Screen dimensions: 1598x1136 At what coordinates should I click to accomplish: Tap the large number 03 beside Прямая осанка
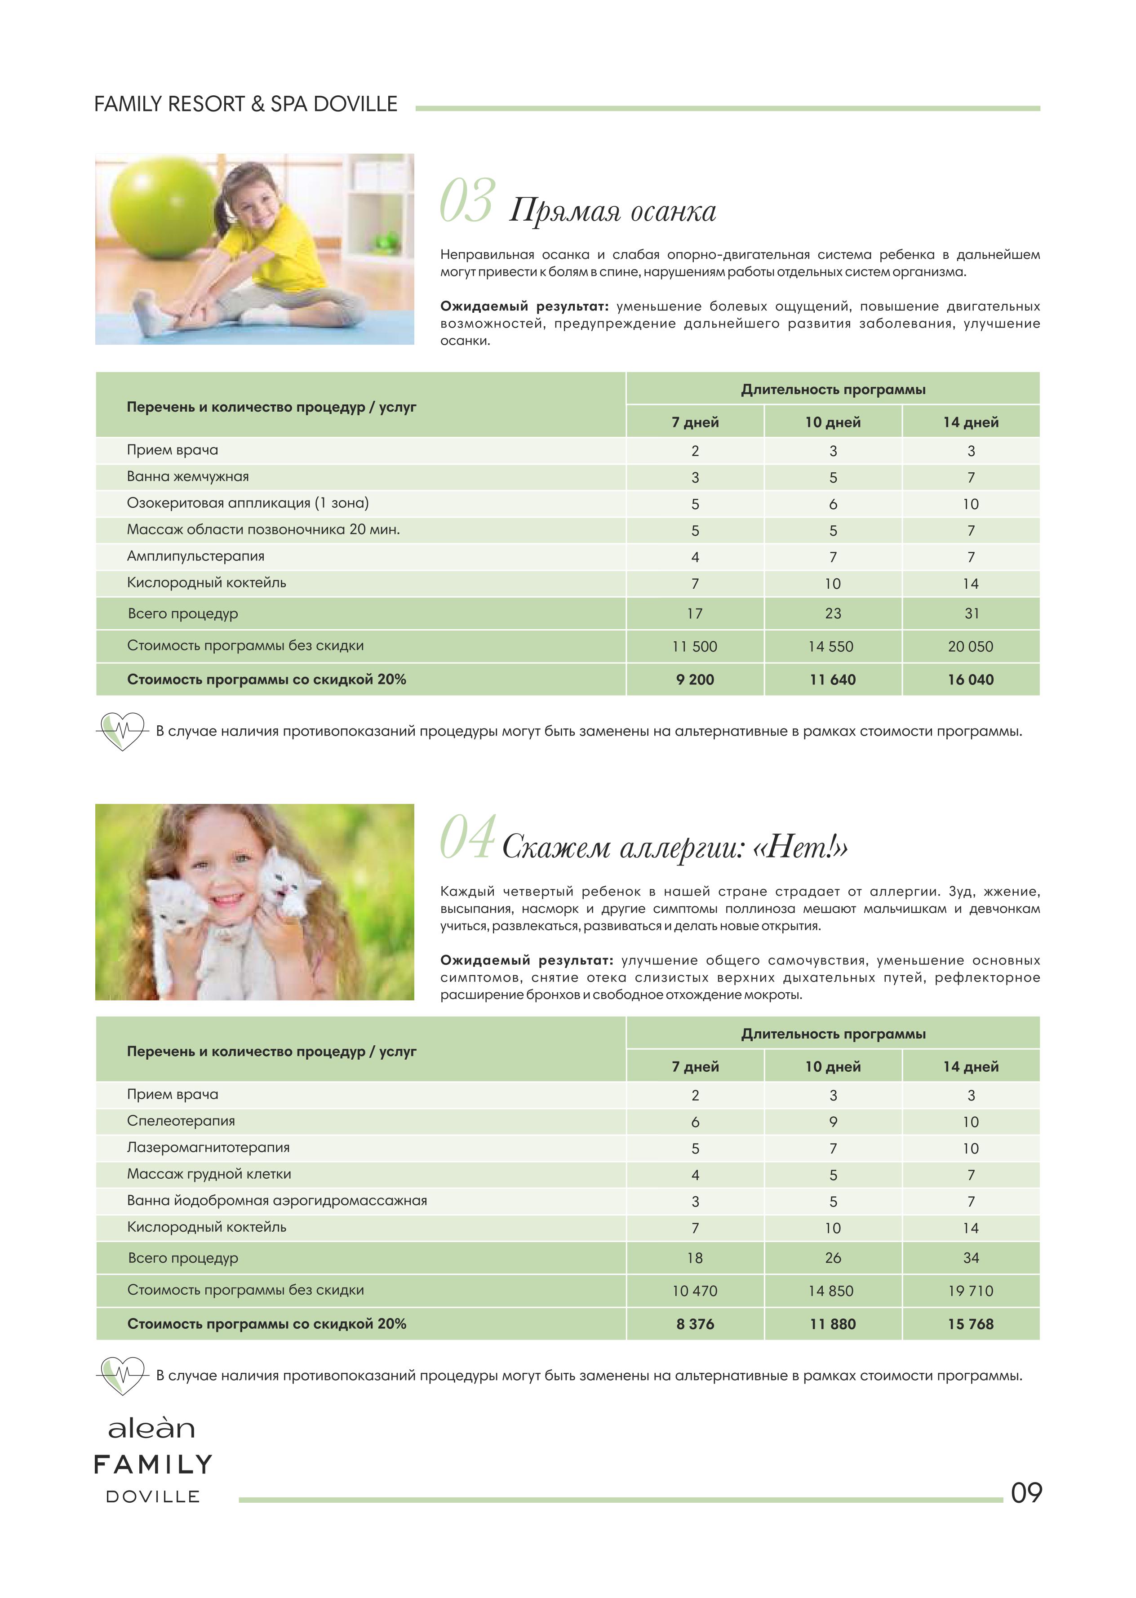pyautogui.click(x=468, y=201)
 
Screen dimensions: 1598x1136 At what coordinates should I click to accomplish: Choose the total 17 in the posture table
pyautogui.click(x=695, y=613)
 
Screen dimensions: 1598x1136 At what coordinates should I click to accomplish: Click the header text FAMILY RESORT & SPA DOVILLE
pyautogui.click(x=245, y=104)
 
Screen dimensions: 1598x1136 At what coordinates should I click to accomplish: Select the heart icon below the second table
pyautogui.click(x=122, y=1376)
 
